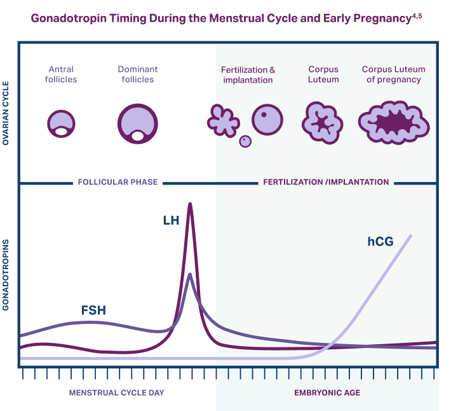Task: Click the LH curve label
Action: pyautogui.click(x=171, y=220)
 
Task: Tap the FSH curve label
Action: pyautogui.click(x=93, y=310)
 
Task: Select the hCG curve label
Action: pyautogui.click(x=381, y=242)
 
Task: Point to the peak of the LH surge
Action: pyautogui.click(x=190, y=204)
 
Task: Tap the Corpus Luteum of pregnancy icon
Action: pyautogui.click(x=394, y=123)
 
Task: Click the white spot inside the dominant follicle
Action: pyautogui.click(x=138, y=136)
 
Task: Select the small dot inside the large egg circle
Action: pyautogui.click(x=264, y=115)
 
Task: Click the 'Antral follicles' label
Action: pyautogui.click(x=61, y=74)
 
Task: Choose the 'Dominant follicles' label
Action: pyautogui.click(x=138, y=74)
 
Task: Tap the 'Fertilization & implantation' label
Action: pyautogui.click(x=248, y=75)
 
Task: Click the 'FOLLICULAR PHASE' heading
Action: pyautogui.click(x=118, y=182)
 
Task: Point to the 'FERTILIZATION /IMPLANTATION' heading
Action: pyautogui.click(x=326, y=182)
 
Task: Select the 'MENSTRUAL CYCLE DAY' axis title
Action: pyautogui.click(x=116, y=393)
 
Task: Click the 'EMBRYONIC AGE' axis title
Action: pyautogui.click(x=327, y=393)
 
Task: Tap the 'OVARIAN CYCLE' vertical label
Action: pyautogui.click(x=6, y=113)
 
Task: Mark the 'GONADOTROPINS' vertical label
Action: pyautogui.click(x=6, y=275)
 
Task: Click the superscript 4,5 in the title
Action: pyautogui.click(x=417, y=16)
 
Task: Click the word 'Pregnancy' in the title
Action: pyautogui.click(x=382, y=18)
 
